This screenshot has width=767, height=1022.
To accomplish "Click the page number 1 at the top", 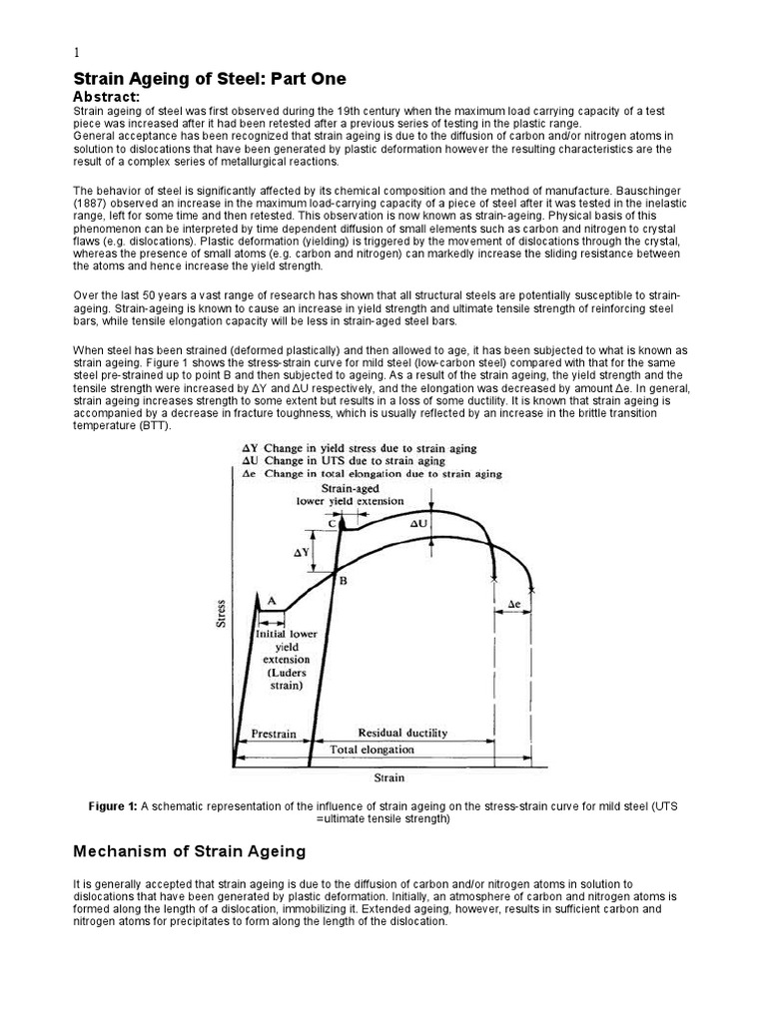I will (77, 54).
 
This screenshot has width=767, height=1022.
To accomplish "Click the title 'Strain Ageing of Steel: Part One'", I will (211, 79).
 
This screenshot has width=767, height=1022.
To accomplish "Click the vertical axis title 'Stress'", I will (221, 613).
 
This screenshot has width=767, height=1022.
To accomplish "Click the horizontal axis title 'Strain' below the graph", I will (389, 776).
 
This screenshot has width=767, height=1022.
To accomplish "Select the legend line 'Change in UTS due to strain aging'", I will (345, 461).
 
